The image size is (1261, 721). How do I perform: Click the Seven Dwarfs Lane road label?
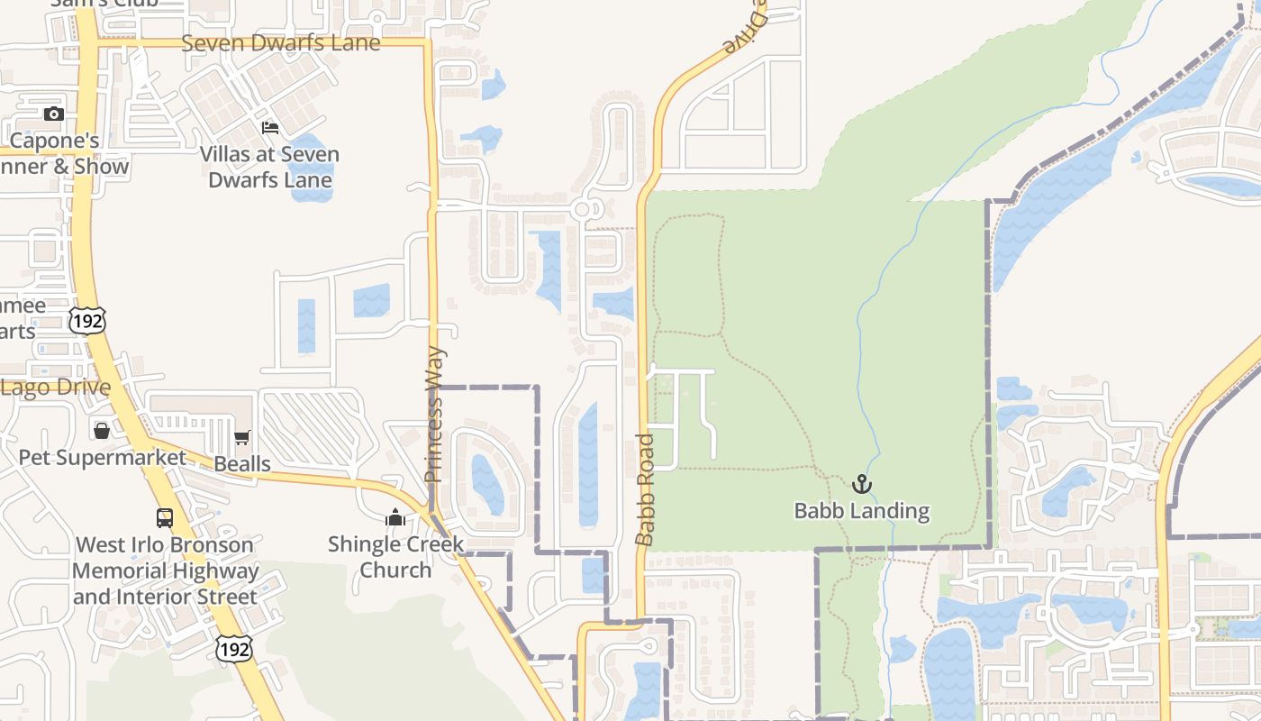280,42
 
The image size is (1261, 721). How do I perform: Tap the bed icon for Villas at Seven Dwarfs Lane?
270,128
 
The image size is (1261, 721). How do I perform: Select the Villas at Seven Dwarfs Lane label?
269,167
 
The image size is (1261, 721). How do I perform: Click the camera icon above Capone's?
54,114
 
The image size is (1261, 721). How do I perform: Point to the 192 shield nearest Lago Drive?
87,319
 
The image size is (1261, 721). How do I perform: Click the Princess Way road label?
434,414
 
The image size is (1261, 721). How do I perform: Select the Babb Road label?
645,489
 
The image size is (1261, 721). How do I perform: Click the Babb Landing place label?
861,511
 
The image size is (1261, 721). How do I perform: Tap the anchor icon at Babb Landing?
862,485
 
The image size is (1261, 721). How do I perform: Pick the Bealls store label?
242,464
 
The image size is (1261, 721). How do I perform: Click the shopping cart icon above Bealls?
241,438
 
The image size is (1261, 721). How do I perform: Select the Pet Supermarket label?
103,457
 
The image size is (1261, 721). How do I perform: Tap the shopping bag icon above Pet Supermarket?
102,431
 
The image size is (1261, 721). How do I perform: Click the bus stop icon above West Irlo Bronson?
165,518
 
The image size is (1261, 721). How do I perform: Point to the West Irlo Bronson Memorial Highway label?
165,570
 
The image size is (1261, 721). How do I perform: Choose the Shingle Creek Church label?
395,557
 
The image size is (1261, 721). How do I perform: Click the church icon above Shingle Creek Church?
395,518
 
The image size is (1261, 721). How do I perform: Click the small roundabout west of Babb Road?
582,209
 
